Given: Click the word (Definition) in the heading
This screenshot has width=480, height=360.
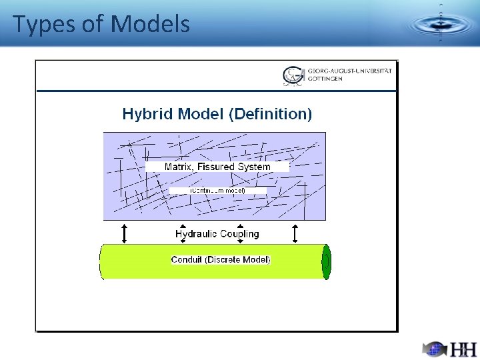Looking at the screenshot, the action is coord(270,114).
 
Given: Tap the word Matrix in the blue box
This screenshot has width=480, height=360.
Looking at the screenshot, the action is coord(181,167).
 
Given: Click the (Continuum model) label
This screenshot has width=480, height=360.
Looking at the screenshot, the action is coord(218,191).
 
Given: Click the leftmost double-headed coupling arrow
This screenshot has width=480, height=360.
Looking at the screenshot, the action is coord(123,233).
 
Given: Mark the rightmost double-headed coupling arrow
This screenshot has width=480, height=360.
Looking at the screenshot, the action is coord(295,233).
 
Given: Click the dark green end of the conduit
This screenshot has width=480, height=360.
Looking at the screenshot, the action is coord(327,261).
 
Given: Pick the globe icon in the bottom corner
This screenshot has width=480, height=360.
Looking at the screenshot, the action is coord(434,349).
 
